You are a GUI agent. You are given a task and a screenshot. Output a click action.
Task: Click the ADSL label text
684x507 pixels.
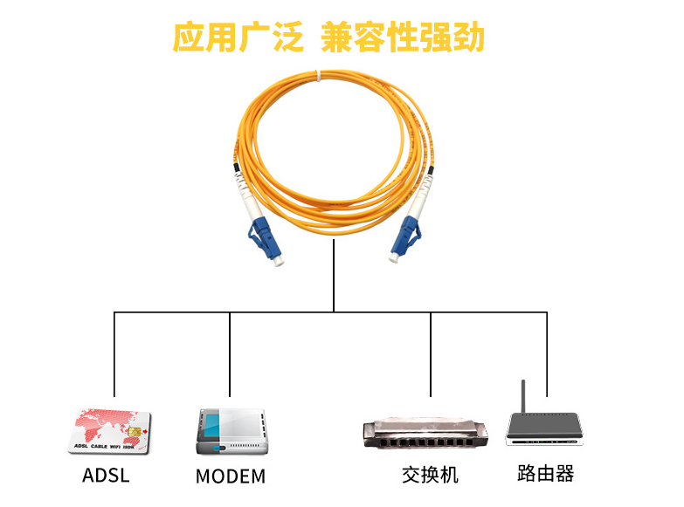(106, 476)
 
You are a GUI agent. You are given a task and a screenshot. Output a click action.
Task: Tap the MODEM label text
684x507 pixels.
(230, 477)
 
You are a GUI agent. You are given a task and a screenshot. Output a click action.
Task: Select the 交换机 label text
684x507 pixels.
(430, 475)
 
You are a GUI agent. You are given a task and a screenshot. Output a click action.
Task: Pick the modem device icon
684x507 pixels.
(230, 430)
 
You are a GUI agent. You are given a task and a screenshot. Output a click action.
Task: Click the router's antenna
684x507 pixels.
(522, 397)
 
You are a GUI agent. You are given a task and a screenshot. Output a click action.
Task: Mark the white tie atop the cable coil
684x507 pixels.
(319, 78)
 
